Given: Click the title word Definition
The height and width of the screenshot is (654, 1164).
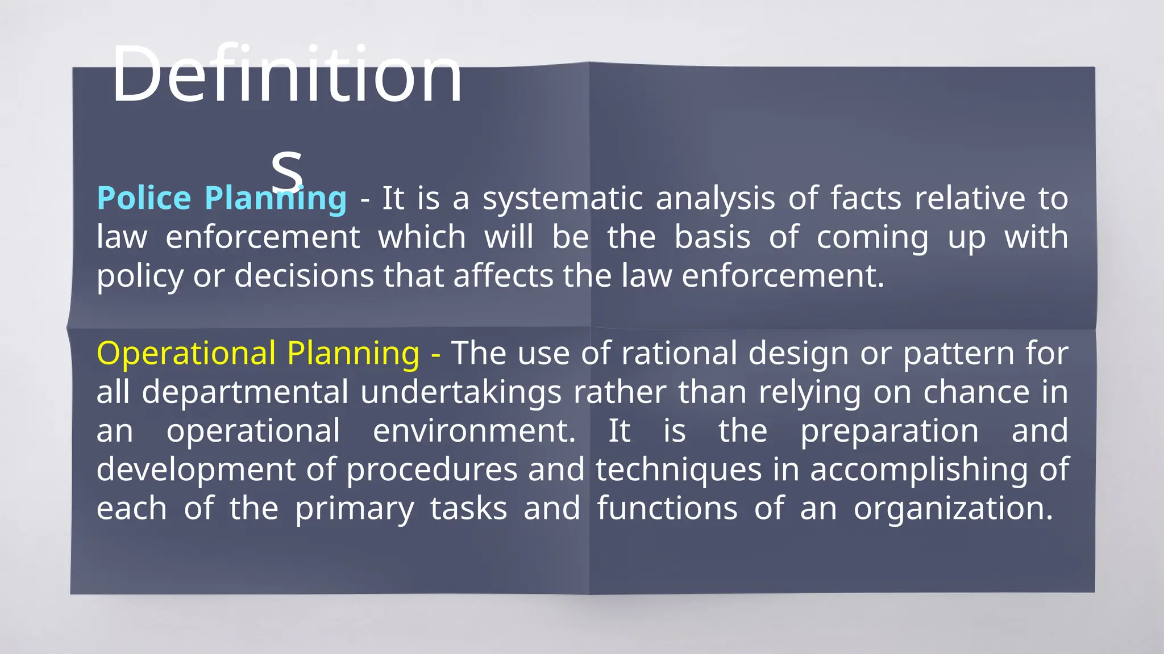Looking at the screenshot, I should [287, 74].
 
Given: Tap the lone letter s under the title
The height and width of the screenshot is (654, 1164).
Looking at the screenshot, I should [286, 169].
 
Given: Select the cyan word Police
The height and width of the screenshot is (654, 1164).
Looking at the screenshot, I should [144, 199].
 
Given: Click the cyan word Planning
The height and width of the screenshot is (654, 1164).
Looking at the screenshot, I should [275, 199].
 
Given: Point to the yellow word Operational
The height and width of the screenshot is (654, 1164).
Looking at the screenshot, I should [186, 353].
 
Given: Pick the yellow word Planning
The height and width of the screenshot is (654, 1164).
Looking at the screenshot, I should [353, 353].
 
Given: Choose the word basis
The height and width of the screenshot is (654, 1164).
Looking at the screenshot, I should [712, 237].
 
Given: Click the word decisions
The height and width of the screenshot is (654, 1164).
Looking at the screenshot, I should [304, 276].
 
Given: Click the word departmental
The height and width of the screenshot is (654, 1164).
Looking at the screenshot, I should [245, 392].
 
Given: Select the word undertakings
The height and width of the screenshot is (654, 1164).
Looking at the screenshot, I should [461, 392].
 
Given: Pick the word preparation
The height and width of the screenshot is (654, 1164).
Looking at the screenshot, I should [889, 431].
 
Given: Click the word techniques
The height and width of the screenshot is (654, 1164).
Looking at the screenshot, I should [679, 470].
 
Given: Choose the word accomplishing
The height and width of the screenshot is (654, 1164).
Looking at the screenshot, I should [918, 470].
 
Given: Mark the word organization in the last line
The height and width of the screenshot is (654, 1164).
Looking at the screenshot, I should [953, 508].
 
